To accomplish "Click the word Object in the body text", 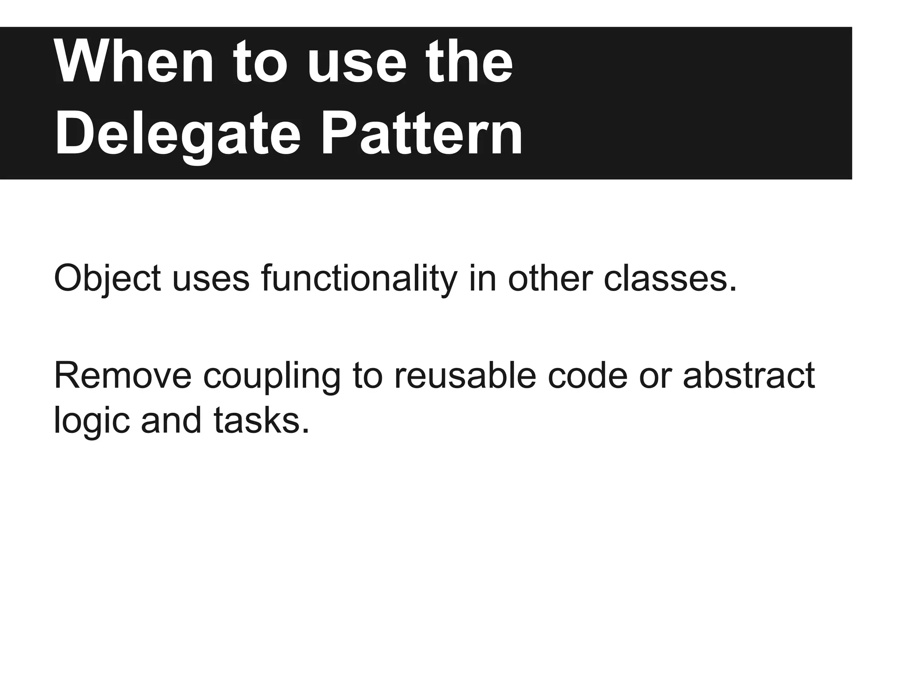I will coord(107,279).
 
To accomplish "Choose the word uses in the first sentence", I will coord(211,279).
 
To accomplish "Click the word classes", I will coord(670,279).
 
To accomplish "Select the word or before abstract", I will coord(655,376).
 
